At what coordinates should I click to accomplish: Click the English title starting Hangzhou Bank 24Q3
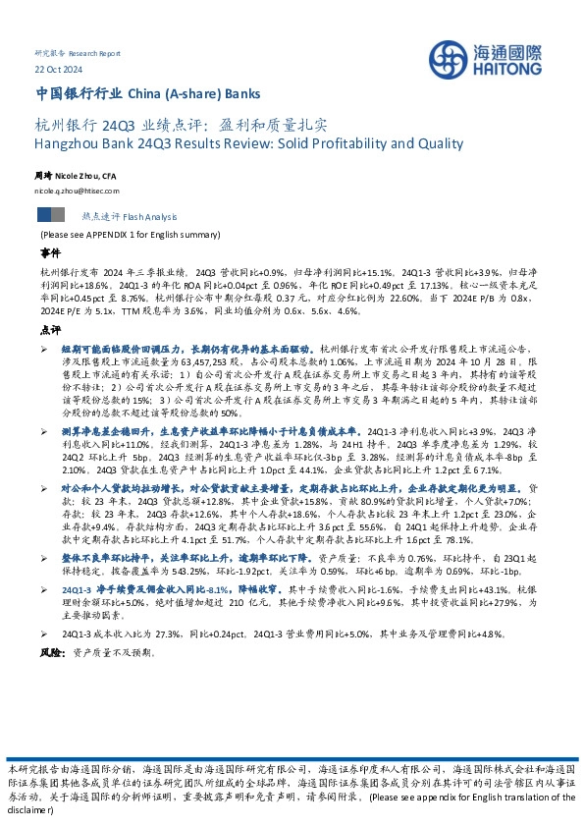[x=248, y=143]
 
